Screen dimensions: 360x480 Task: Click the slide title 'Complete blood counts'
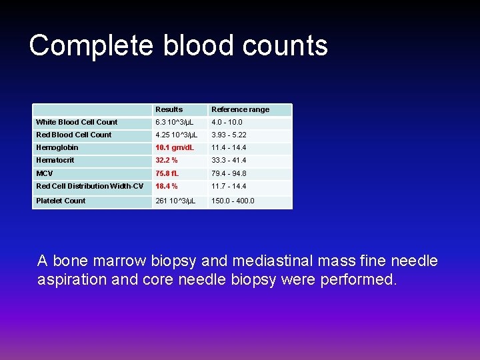pos(178,46)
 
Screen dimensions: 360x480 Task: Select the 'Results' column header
pos(169,109)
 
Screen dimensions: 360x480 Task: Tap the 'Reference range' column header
pos(240,109)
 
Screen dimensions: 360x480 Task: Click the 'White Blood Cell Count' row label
pos(77,122)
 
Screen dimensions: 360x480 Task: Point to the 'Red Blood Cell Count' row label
pos(74,135)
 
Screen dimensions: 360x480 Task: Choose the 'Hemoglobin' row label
pos(57,147)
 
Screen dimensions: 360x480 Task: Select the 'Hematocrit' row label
pos(55,160)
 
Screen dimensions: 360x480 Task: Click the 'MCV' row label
pos(45,173)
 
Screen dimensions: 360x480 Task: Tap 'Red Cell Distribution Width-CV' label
pos(89,186)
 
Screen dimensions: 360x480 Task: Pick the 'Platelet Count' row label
pos(61,201)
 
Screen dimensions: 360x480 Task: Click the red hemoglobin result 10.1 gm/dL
pos(175,147)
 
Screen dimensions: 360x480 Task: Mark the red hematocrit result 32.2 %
pos(167,160)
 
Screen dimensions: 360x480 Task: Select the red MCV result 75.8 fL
pos(167,173)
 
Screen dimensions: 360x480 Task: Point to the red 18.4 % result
pos(167,186)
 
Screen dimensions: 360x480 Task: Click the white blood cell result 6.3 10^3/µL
pos(175,122)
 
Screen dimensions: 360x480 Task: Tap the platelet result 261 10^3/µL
pos(175,201)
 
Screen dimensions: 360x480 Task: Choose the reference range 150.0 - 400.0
pos(233,201)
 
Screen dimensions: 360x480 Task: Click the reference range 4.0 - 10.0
pos(227,122)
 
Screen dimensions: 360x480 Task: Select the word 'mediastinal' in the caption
pos(269,261)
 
